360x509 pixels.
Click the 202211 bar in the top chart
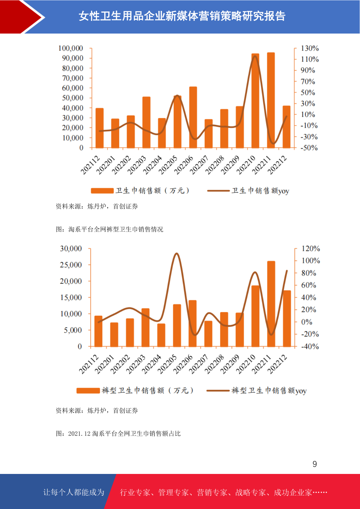pyautogui.click(x=271, y=100)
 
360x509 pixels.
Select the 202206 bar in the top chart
pyautogui.click(x=193, y=117)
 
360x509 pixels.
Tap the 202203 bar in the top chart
pyautogui.click(x=146, y=122)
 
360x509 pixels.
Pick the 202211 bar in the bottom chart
pyautogui.click(x=271, y=304)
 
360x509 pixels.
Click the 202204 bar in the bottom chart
pyautogui.click(x=161, y=335)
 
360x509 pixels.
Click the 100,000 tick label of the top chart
pyautogui.click(x=70, y=48)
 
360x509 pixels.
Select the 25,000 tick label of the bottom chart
pyautogui.click(x=71, y=265)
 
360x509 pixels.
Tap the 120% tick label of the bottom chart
pyautogui.click(x=310, y=248)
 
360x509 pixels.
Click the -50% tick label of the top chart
pyautogui.click(x=309, y=148)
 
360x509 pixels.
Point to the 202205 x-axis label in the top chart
pyautogui.click(x=168, y=165)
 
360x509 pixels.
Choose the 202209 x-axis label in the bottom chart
pyautogui.click(x=230, y=364)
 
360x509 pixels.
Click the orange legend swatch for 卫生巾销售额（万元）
pyautogui.click(x=102, y=191)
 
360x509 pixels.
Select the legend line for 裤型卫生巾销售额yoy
pyautogui.click(x=218, y=391)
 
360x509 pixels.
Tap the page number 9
pyautogui.click(x=315, y=464)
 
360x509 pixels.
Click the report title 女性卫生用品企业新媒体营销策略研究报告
pyautogui.click(x=182, y=16)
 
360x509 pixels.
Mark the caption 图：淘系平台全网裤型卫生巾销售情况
pyautogui.click(x=109, y=229)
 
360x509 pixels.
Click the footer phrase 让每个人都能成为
pyautogui.click(x=74, y=492)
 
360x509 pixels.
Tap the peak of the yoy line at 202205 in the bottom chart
pyautogui.click(x=177, y=253)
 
